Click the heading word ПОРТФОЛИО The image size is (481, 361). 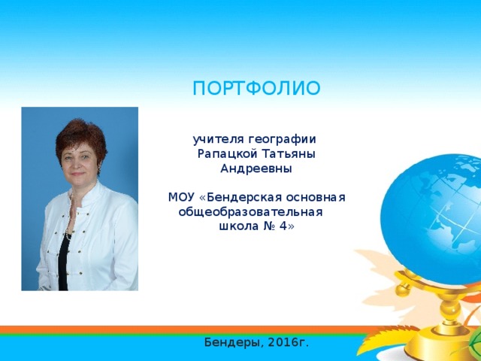pyautogui.click(x=256, y=89)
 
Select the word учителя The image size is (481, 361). pyautogui.click(x=219, y=140)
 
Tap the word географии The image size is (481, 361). pyautogui.click(x=282, y=140)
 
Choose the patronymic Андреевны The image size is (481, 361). pyautogui.click(x=256, y=168)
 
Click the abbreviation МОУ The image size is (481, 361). pyautogui.click(x=182, y=197)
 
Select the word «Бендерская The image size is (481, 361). pyautogui.click(x=240, y=197)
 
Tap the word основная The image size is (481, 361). pyautogui.click(x=316, y=198)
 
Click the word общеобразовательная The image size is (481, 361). pyautogui.click(x=250, y=212)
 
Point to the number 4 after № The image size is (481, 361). pyautogui.click(x=283, y=226)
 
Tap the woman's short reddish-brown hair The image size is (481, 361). pyautogui.click(x=81, y=140)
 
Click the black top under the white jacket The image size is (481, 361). pyautogui.click(x=63, y=261)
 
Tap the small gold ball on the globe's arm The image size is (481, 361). pyautogui.click(x=403, y=290)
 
